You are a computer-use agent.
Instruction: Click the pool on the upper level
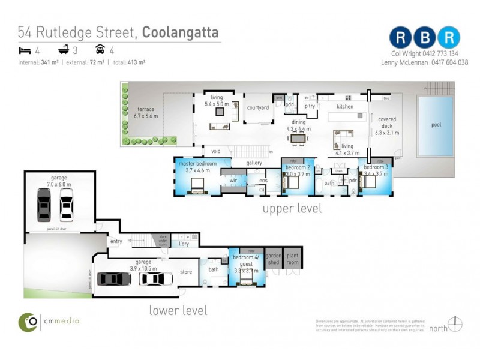(x=436, y=127)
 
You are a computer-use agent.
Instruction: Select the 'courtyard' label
(x=257, y=107)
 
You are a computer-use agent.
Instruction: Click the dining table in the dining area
(x=298, y=138)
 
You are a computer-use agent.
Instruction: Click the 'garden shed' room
(x=274, y=259)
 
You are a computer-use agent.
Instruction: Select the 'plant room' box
(x=293, y=259)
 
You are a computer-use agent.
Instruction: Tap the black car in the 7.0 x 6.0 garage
(x=44, y=205)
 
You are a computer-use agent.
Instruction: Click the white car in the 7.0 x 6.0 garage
(x=66, y=205)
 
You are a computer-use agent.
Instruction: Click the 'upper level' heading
(x=292, y=209)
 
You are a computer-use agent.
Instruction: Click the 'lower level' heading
(x=178, y=310)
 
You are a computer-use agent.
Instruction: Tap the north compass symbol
(x=455, y=324)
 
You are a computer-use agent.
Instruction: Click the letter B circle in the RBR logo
(x=425, y=37)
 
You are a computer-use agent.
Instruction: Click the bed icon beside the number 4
(x=24, y=50)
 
